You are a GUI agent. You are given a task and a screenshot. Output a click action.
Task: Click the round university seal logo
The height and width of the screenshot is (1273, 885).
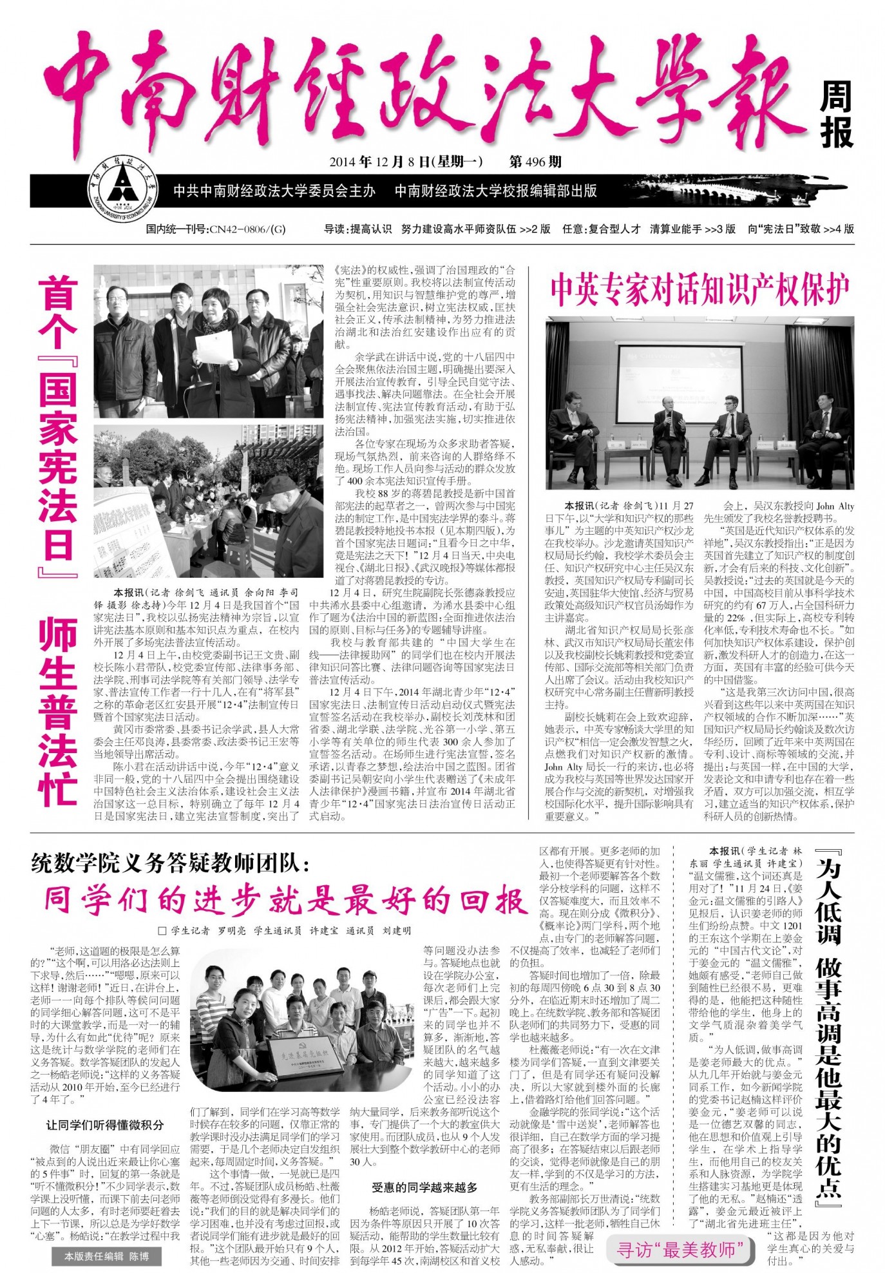tap(122, 191)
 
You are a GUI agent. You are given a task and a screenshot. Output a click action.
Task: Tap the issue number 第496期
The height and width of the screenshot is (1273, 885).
tap(535, 162)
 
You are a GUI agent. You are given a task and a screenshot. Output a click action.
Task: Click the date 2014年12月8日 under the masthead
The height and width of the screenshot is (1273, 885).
tap(405, 162)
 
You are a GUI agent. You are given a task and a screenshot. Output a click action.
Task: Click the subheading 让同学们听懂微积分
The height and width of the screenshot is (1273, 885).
tap(105, 1125)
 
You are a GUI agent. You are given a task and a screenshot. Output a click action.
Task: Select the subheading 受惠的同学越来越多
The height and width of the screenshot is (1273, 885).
tap(424, 1187)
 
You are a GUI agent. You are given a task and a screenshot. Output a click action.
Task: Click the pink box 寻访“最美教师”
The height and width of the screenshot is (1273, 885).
tap(680, 1249)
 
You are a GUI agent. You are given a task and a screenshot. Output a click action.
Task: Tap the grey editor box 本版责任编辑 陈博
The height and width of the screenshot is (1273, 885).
tap(106, 1256)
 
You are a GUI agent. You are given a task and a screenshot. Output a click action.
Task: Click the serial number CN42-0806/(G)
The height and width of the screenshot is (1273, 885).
tap(215, 229)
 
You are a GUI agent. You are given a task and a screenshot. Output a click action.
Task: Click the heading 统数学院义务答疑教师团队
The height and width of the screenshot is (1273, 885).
tap(170, 863)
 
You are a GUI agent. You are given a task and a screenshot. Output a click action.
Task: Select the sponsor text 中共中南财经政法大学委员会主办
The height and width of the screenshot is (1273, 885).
tap(274, 191)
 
